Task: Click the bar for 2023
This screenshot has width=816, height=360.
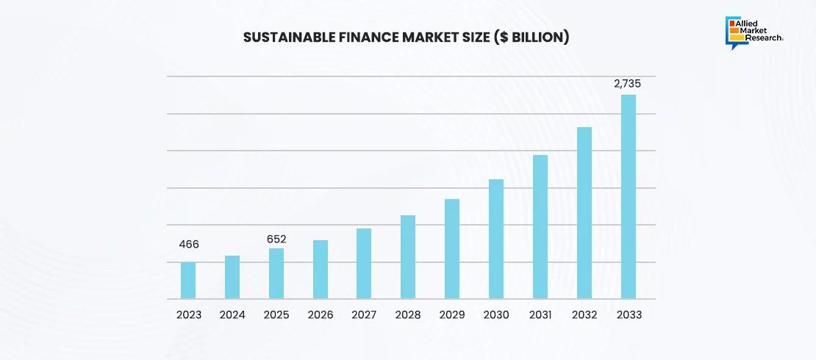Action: [x=188, y=281]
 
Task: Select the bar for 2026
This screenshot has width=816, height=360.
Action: [x=321, y=270]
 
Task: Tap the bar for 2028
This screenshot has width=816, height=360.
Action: [x=408, y=257]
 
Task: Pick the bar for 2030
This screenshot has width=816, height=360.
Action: [x=496, y=239]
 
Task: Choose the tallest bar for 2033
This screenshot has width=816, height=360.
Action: [x=629, y=197]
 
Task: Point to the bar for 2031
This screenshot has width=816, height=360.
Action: [x=540, y=227]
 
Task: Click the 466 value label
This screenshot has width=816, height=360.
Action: [x=188, y=245]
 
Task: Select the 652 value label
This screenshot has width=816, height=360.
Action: [x=276, y=239]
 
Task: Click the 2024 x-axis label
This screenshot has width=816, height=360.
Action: [x=232, y=314]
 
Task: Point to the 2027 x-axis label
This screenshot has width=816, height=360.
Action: [x=365, y=314]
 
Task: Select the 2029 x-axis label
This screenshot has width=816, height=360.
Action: [x=453, y=314]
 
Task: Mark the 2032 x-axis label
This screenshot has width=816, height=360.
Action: [x=584, y=314]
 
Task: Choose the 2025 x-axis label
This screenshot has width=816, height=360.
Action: [x=276, y=314]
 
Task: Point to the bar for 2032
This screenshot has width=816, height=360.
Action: [x=584, y=213]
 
